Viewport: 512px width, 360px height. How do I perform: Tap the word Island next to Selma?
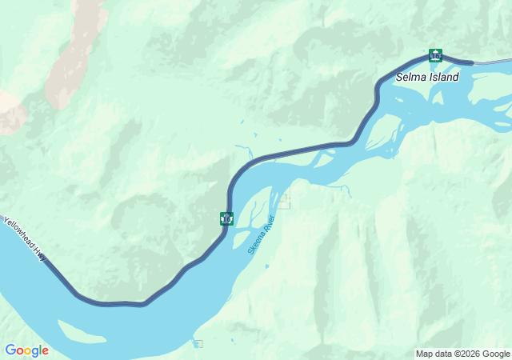point(445,78)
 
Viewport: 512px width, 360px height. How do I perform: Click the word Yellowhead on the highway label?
point(19,233)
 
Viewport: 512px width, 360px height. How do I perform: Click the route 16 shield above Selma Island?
point(435,55)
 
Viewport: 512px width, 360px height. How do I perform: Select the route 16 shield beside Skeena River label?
point(227,218)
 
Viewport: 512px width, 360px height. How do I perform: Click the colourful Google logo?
point(26,350)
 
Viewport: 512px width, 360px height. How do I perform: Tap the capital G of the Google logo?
point(10,350)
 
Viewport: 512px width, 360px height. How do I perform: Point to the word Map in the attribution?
point(424,354)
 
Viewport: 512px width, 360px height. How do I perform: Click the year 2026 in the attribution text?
point(466,354)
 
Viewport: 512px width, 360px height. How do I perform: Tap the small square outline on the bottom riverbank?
point(198,344)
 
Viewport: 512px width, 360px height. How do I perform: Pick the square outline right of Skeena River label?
point(284,202)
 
